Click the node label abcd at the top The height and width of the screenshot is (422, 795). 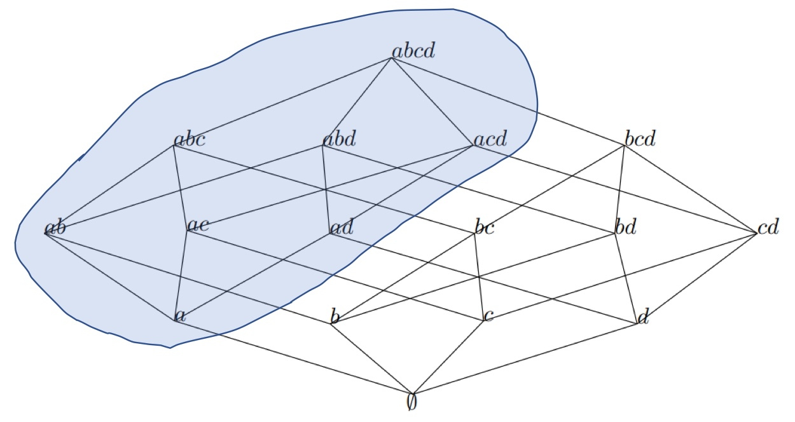(x=414, y=51)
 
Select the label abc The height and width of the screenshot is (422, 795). (x=190, y=139)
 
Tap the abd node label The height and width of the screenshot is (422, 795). (x=338, y=139)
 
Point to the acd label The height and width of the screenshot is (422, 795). (x=490, y=139)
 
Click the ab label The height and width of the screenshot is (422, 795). (x=55, y=228)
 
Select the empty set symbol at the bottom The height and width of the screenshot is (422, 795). (x=412, y=403)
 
